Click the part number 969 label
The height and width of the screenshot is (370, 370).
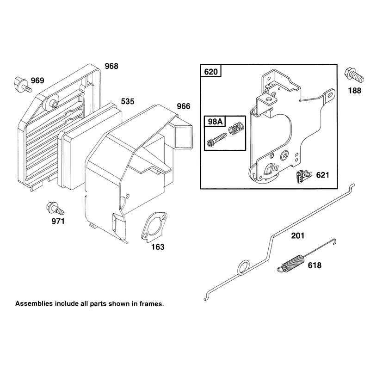(37, 80)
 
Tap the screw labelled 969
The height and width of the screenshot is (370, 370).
(23, 85)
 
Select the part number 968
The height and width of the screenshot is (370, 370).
(111, 66)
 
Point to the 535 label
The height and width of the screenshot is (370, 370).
(128, 101)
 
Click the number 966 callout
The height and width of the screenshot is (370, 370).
(183, 106)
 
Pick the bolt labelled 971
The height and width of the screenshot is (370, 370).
(55, 209)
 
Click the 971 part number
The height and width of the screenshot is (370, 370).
(58, 221)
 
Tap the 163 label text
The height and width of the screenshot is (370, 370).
(158, 247)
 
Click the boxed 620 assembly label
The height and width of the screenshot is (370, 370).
(211, 71)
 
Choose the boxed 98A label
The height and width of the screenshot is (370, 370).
(215, 121)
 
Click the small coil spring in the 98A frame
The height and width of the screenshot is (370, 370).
(236, 129)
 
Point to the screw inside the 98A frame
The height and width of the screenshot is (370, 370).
(216, 140)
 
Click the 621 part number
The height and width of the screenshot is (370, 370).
(322, 175)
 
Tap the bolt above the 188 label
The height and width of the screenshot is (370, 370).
(354, 75)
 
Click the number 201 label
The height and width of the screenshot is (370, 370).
(297, 235)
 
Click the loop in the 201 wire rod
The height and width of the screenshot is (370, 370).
(243, 267)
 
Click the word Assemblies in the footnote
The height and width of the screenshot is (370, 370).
(34, 304)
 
